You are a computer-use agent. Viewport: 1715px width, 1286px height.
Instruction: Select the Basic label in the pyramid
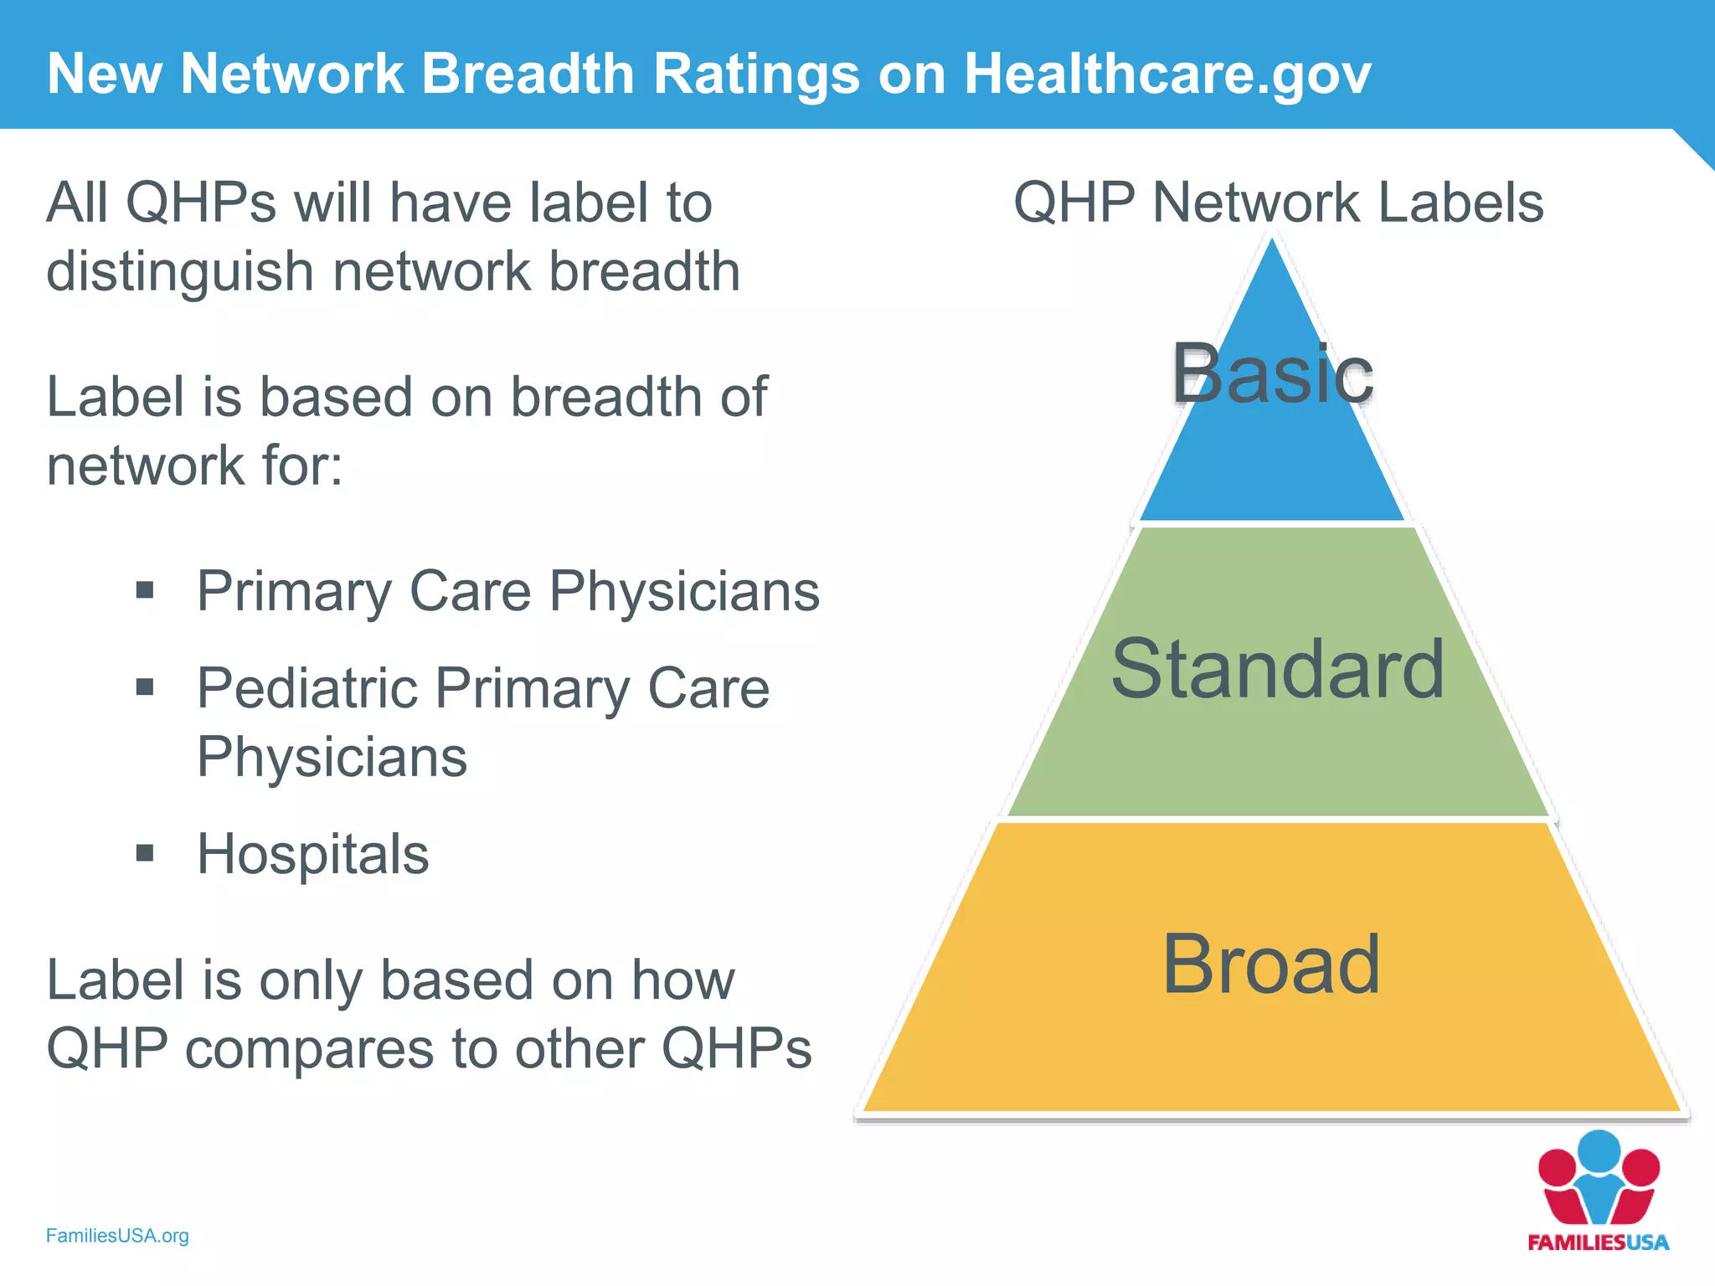click(1272, 374)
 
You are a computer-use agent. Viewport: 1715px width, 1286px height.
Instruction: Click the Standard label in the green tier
click(1278, 669)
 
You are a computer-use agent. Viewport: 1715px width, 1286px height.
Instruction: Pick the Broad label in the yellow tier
click(1271, 964)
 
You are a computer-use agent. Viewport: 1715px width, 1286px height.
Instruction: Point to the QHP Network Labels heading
click(1279, 203)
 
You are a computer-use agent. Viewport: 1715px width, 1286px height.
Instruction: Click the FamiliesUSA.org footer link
click(117, 1236)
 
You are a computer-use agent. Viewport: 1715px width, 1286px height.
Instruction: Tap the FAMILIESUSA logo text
click(1598, 1242)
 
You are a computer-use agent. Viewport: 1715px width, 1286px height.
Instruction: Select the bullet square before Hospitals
click(145, 853)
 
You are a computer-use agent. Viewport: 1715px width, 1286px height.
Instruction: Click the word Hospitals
click(312, 855)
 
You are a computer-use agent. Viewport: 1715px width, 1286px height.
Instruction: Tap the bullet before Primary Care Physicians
click(145, 590)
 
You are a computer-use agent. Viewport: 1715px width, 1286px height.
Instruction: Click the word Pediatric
click(306, 688)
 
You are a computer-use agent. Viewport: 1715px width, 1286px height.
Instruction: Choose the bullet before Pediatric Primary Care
click(145, 688)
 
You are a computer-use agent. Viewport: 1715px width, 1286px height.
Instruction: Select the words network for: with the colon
click(194, 466)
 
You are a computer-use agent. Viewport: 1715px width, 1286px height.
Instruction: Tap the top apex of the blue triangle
click(1272, 243)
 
